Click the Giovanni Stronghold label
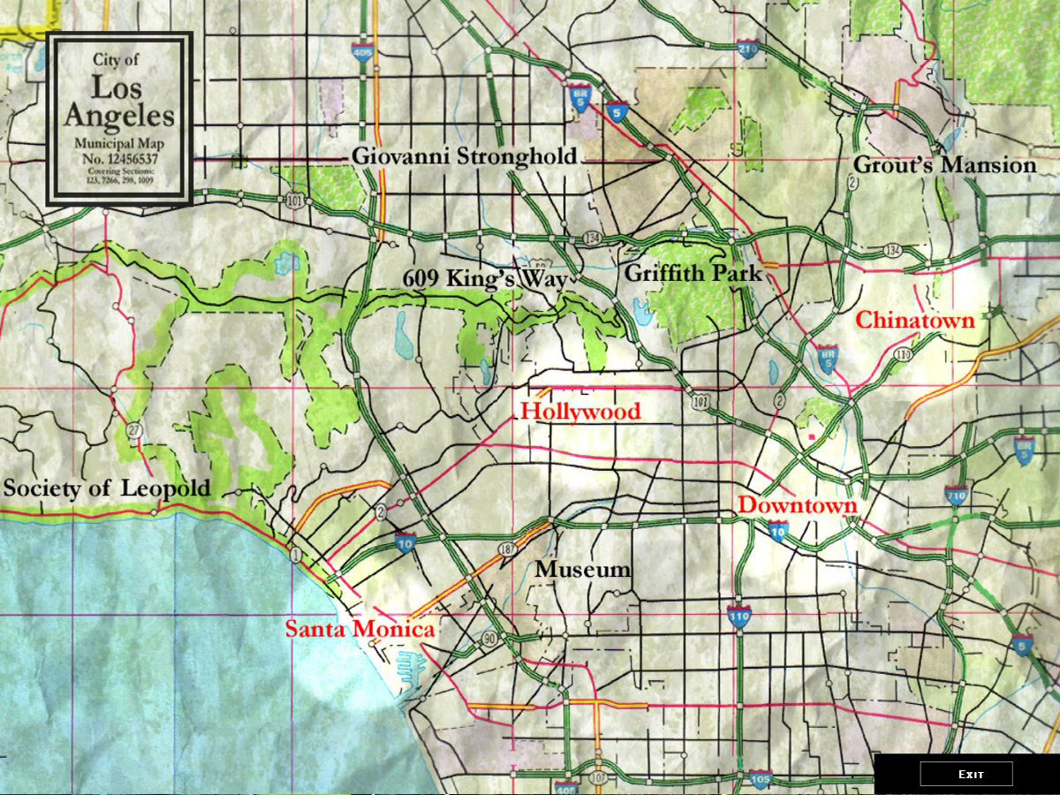[x=464, y=156]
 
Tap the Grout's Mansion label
[x=944, y=165]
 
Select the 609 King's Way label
[x=484, y=277]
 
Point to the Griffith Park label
[x=693, y=273]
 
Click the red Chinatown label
[x=915, y=320]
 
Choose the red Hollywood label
[x=580, y=412]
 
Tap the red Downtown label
[x=798, y=505]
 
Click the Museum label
[x=582, y=570]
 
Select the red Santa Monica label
[x=359, y=630]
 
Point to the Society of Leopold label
[x=107, y=488]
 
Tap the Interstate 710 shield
[x=956, y=495]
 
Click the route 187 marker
[x=505, y=549]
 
